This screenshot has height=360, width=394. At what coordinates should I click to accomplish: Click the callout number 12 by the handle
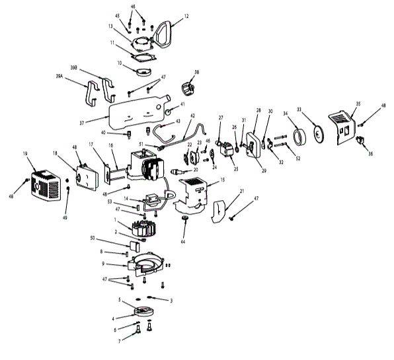[x=186, y=16]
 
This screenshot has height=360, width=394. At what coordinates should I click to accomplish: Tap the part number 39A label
[x=59, y=77]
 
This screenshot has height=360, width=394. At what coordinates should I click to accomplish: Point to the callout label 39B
[x=75, y=67]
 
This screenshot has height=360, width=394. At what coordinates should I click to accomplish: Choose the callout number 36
[x=370, y=153]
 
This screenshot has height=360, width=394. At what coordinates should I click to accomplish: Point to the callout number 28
[x=258, y=111]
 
